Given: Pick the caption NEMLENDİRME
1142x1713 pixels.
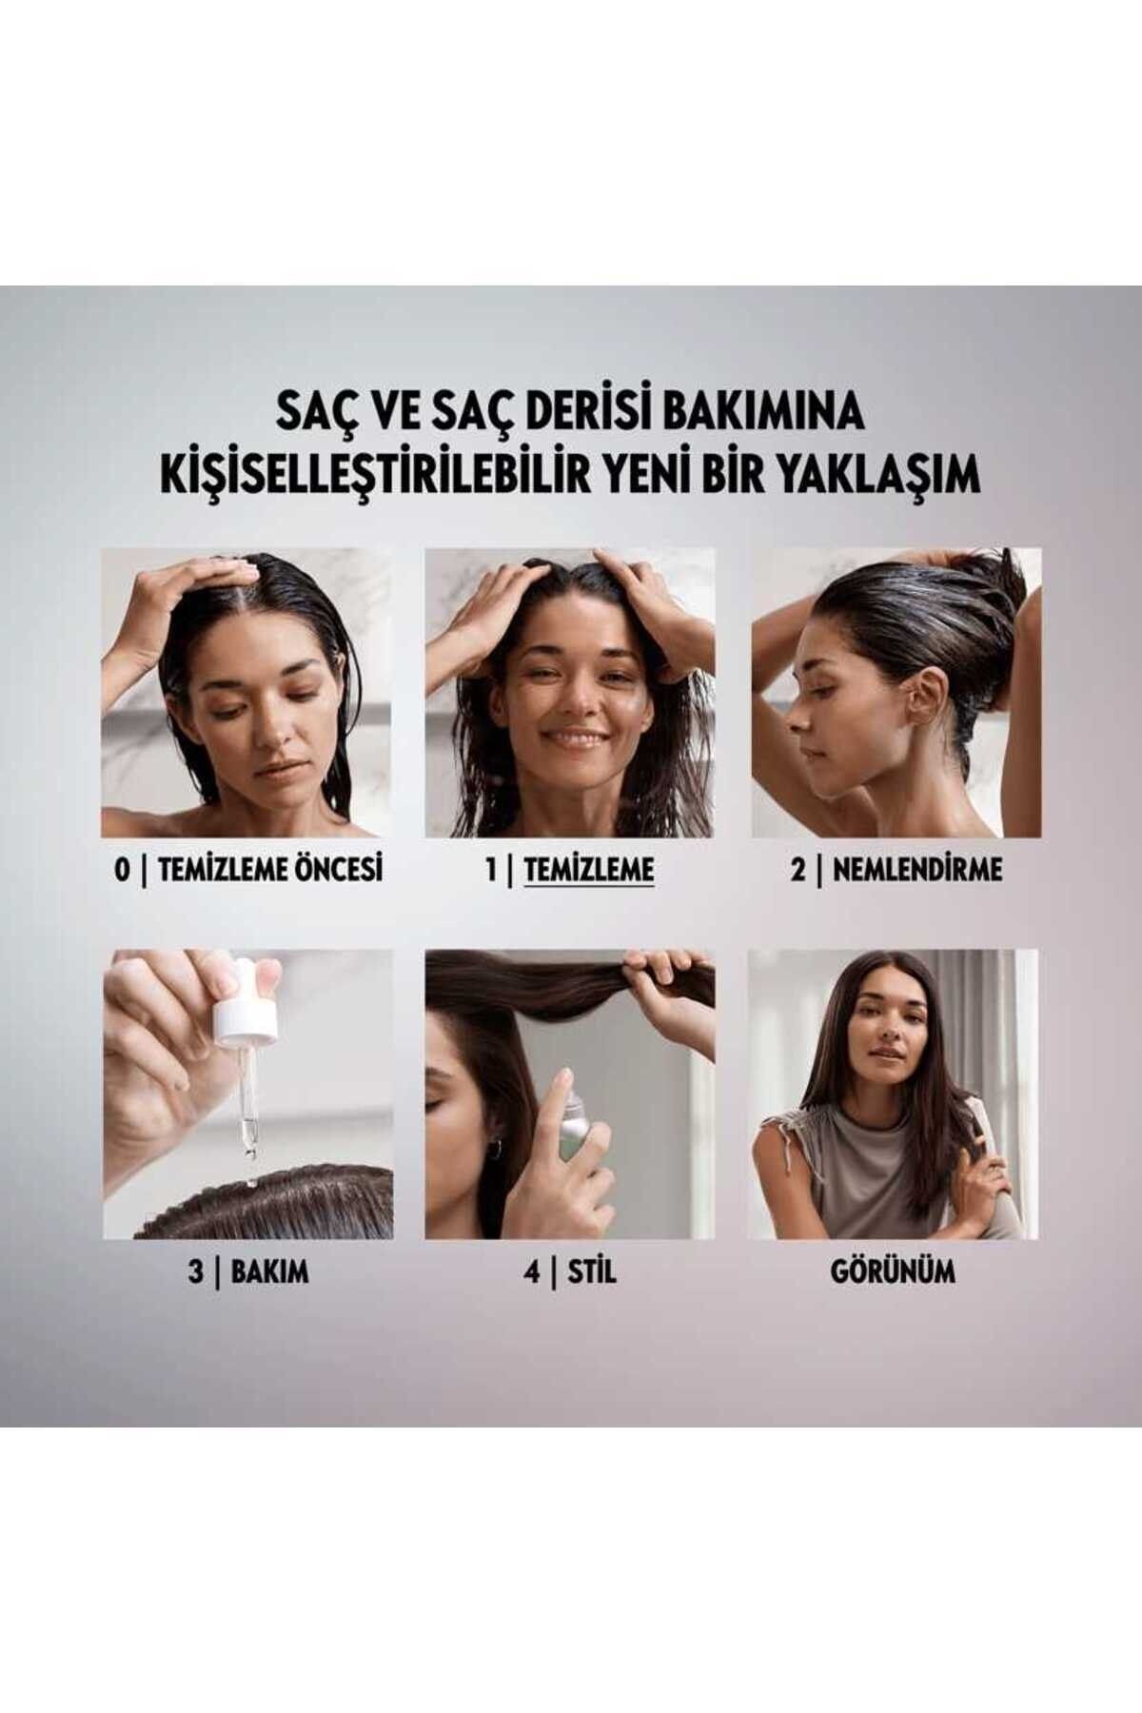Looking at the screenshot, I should [x=911, y=869].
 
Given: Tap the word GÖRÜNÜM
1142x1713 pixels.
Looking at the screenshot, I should [x=892, y=1272].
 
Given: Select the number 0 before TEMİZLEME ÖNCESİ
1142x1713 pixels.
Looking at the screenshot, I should [x=121, y=869].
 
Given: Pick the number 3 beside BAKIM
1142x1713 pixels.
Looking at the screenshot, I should [x=197, y=1272].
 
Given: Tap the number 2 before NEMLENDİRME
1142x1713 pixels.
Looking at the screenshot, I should [x=797, y=869].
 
